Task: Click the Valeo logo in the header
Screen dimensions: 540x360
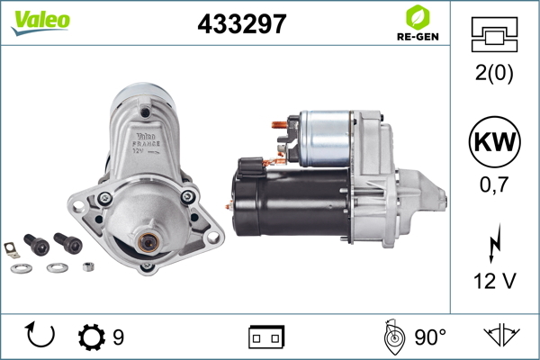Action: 40,23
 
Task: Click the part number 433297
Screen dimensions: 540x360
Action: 242,23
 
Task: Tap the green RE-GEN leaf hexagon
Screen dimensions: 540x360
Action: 418,17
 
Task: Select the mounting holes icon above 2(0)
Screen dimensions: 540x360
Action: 494,34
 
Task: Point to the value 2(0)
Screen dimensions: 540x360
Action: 494,73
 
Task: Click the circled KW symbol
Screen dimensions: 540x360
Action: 494,141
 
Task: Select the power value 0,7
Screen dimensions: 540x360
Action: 494,184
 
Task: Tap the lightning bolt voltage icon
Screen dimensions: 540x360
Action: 495,243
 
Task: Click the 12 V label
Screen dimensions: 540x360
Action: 495,281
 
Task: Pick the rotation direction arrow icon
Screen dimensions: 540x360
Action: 40,334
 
